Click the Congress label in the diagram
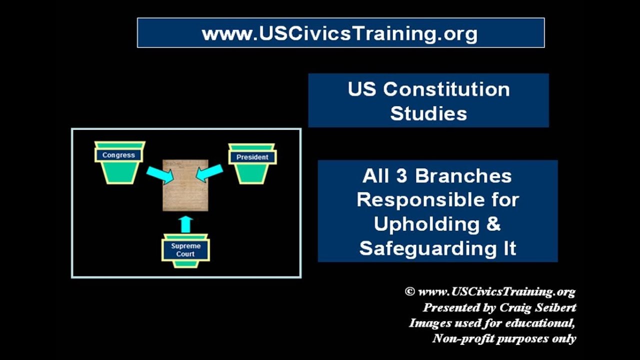pyautogui.click(x=118, y=155)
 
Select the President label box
pyautogui.click(x=252, y=157)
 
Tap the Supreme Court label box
pyautogui.click(x=185, y=250)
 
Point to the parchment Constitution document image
pyautogui.click(x=185, y=185)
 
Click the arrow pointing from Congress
pyautogui.click(x=159, y=174)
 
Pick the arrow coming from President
pyautogui.click(x=210, y=173)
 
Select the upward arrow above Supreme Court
pyautogui.click(x=185, y=223)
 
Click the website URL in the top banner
pyautogui.click(x=340, y=33)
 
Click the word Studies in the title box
pyautogui.click(x=428, y=113)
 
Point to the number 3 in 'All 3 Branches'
pyautogui.click(x=404, y=176)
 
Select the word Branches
pyautogui.click(x=463, y=176)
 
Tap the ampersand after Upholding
pyautogui.click(x=493, y=224)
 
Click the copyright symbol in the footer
pyautogui.click(x=409, y=291)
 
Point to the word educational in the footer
pyautogui.click(x=539, y=322)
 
